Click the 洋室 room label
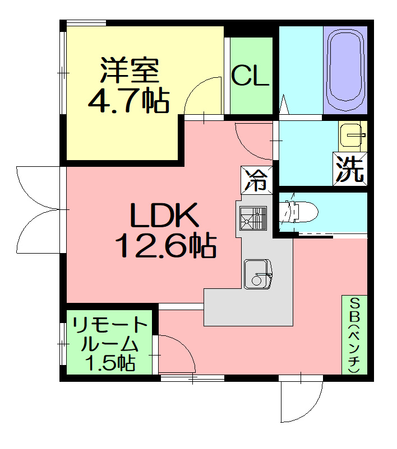[x=130, y=70]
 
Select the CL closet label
[x=251, y=76]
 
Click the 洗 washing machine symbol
[x=350, y=169]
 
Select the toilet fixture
[x=299, y=212]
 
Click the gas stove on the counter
[x=253, y=218]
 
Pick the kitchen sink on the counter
[x=257, y=274]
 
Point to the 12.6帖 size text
[x=165, y=245]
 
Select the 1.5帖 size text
[x=110, y=363]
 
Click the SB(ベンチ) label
[x=355, y=335]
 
